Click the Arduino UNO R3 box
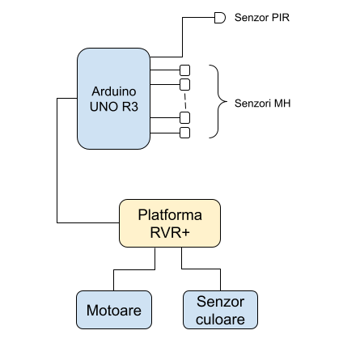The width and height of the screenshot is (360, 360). point(113,99)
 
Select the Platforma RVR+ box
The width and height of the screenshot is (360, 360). point(170,223)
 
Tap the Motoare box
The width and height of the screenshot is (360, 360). point(114,310)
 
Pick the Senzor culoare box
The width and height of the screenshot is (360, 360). point(220,310)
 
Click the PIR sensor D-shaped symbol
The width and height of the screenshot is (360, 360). point(220,18)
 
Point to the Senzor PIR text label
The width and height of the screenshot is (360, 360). point(262,18)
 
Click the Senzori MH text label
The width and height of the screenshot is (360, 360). point(262,104)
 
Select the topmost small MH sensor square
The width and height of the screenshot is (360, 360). point(184,70)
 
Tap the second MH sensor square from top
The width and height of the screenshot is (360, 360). point(184,85)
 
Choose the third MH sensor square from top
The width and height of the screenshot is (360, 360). point(184,117)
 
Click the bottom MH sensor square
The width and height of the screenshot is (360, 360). point(184,133)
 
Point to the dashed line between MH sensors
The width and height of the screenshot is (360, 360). point(185,101)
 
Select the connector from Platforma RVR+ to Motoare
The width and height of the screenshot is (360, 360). point(134,269)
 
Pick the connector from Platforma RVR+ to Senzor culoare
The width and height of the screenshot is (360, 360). point(201,269)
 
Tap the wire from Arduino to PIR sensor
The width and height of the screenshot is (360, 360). point(182,37)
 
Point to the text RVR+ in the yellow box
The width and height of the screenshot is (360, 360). point(170,232)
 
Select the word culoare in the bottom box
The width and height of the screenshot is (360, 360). point(220,320)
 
